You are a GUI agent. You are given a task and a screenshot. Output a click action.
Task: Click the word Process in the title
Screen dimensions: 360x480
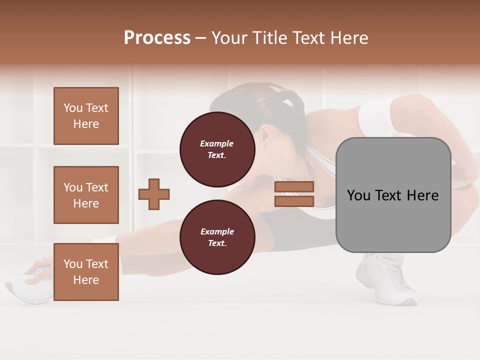(x=157, y=38)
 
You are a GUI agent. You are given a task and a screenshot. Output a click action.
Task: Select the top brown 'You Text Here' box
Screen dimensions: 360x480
(x=86, y=116)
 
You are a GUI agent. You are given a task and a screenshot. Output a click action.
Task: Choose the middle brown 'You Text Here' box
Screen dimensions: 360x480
(x=86, y=195)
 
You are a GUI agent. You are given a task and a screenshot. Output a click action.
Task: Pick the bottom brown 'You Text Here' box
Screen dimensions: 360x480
(x=86, y=272)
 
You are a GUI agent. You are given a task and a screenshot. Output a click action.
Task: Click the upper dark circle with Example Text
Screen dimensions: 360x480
(x=217, y=149)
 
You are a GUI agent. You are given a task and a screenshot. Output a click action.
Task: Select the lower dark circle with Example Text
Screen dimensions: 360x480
(x=217, y=237)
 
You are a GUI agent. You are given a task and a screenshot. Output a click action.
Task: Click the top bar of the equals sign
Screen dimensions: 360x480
(x=294, y=186)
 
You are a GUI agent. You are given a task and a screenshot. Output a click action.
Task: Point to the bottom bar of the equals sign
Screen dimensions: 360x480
(x=294, y=201)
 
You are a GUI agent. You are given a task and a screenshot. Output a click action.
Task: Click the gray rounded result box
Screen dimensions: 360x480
(x=393, y=195)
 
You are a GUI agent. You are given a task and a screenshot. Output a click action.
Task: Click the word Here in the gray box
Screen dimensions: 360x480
(x=423, y=195)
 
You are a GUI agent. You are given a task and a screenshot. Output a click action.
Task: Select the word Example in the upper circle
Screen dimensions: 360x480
(x=217, y=143)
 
